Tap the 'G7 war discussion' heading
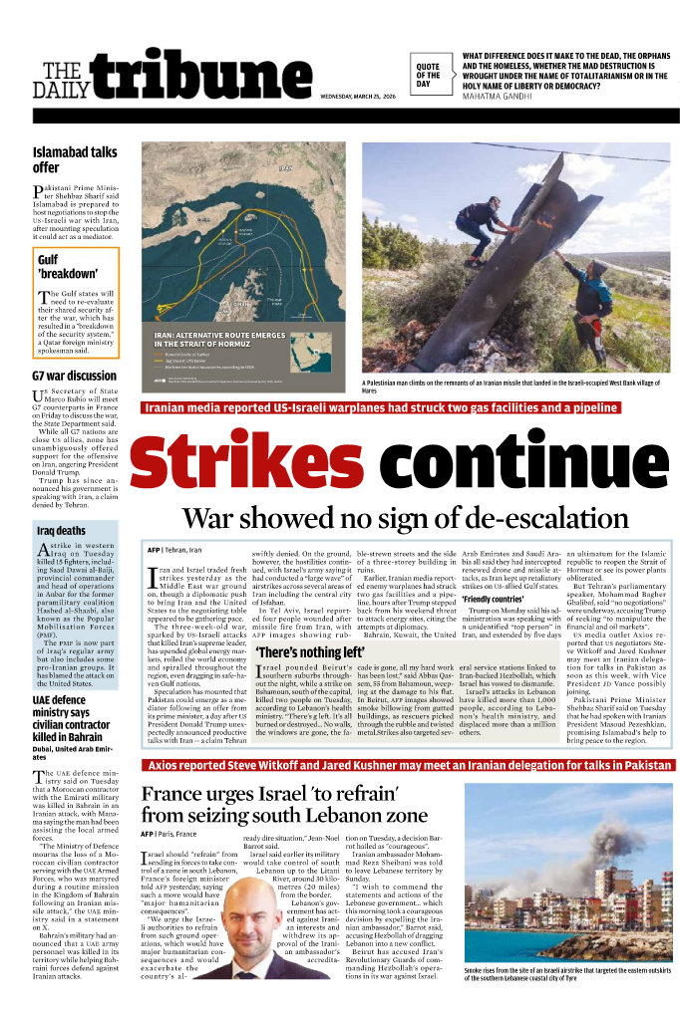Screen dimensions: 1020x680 pyautogui.click(x=75, y=377)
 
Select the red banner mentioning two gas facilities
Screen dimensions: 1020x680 pyautogui.click(x=381, y=407)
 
